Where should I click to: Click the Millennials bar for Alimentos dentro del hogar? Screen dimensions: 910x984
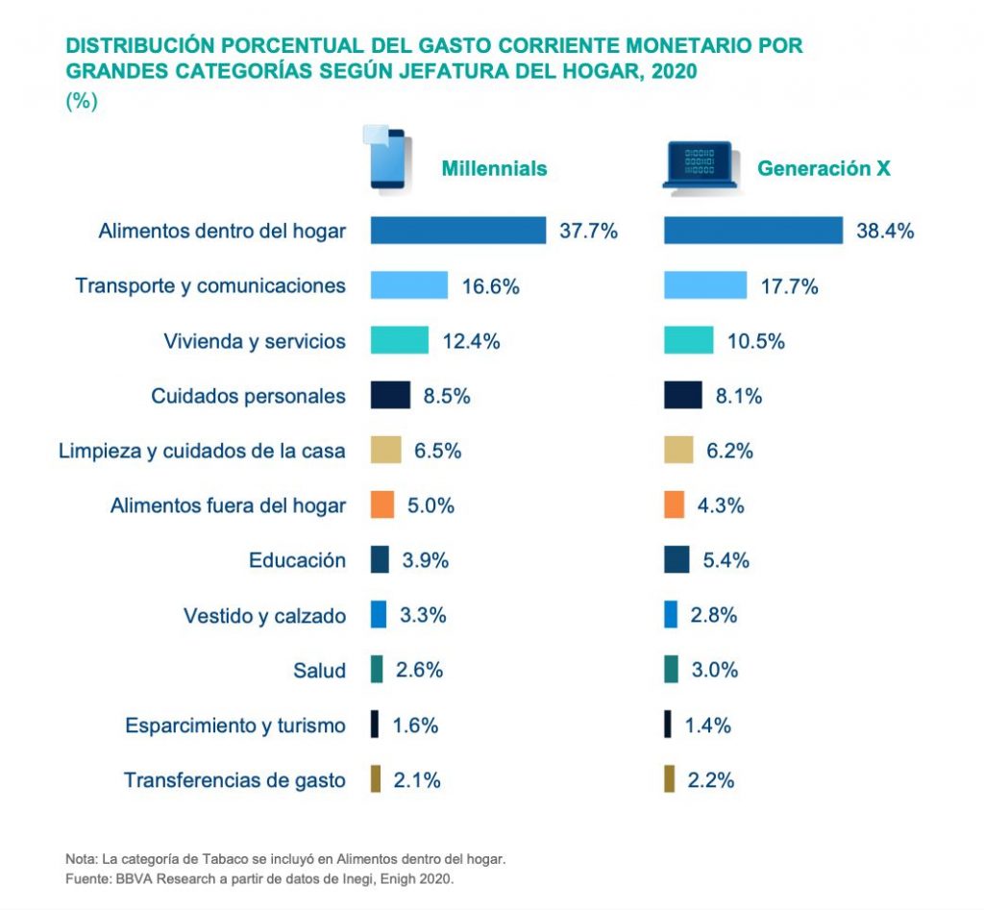click(458, 231)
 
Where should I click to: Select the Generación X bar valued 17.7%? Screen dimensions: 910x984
click(705, 285)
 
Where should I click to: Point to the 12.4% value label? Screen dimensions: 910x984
click(471, 341)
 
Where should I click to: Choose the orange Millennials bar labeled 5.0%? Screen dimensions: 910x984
click(382, 505)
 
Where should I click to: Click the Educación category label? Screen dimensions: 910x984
click(297, 560)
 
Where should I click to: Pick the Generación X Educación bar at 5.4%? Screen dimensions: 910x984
click(676, 560)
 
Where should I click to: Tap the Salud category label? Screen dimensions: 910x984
click(319, 671)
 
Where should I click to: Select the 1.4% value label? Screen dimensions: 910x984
click(707, 726)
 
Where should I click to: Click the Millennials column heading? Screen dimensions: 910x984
click(494, 168)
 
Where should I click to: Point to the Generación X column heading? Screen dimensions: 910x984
click(824, 168)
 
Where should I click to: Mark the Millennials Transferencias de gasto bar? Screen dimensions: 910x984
click(376, 780)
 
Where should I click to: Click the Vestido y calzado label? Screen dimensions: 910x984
click(264, 616)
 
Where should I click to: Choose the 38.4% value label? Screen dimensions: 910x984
click(885, 232)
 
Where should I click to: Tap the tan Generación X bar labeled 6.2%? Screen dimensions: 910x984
click(678, 451)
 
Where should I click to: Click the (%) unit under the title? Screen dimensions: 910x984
click(82, 101)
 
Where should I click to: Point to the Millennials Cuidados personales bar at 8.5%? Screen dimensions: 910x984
click(390, 396)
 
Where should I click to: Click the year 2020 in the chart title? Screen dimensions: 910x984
click(672, 70)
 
